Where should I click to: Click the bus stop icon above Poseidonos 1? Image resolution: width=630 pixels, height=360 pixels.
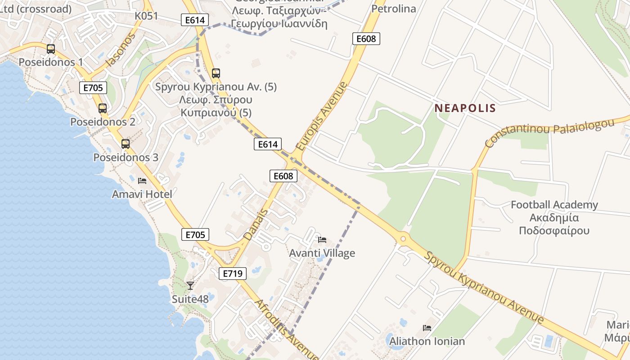coord(51,49)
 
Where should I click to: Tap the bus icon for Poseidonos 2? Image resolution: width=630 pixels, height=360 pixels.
coord(103,108)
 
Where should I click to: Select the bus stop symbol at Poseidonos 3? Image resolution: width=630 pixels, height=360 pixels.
coord(126,144)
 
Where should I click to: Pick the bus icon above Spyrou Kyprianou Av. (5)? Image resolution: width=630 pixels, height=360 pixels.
coord(216,73)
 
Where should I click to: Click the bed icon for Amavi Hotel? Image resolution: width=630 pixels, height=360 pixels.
coord(142,181)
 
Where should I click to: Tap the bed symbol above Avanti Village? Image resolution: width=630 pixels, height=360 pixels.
coord(322,239)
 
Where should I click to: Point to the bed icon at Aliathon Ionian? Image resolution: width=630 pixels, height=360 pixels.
coord(427,328)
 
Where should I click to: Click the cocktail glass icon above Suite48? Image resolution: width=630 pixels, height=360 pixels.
coord(190,285)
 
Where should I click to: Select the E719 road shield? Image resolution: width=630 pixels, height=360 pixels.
coord(233,273)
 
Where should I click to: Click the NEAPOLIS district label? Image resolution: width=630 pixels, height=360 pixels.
coord(465,108)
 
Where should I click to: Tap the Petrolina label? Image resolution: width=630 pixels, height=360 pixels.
coord(394,9)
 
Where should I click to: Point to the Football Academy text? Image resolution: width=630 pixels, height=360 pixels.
coord(554,205)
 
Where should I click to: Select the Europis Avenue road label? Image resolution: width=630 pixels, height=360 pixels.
coord(322,116)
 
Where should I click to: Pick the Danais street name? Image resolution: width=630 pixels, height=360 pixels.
coord(256,224)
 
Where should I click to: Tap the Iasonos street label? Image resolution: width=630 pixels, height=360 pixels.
coord(120,49)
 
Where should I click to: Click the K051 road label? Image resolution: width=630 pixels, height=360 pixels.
coord(147,16)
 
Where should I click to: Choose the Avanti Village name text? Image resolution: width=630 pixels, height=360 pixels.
coord(322,253)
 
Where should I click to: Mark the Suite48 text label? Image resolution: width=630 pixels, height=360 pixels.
coord(190,299)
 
